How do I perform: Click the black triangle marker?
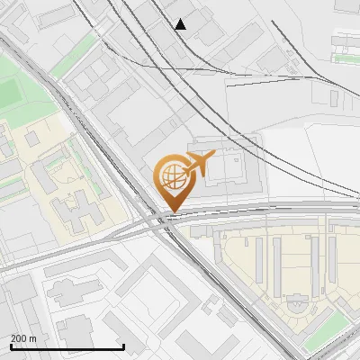181,24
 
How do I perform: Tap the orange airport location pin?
173,181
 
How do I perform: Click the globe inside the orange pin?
171,176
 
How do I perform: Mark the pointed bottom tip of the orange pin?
172,212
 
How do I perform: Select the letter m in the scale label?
33,339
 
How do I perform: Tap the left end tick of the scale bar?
12,346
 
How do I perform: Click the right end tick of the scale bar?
123,346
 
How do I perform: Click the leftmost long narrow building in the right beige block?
259,256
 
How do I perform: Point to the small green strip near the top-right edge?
345,58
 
